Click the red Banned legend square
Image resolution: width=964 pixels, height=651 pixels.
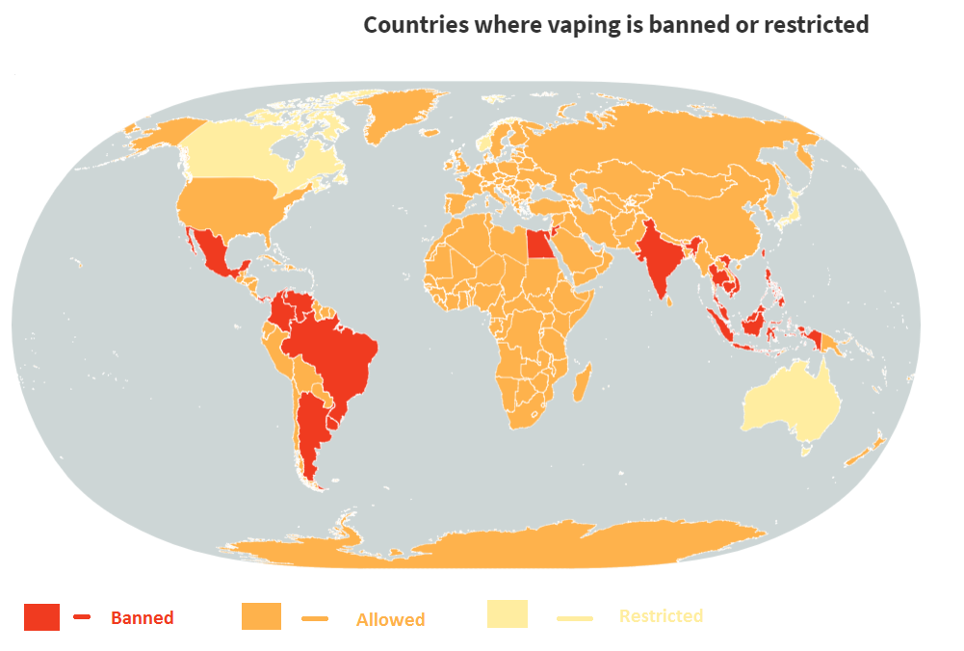[42, 617]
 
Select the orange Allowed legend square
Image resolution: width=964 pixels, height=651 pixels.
[261, 616]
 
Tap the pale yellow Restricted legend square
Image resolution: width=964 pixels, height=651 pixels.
[507, 614]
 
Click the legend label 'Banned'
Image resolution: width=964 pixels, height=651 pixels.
[142, 618]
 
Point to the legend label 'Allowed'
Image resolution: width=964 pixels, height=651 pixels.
[390, 620]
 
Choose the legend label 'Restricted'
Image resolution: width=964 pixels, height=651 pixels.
[661, 615]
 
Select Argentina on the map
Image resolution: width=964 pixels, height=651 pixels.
[310, 433]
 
